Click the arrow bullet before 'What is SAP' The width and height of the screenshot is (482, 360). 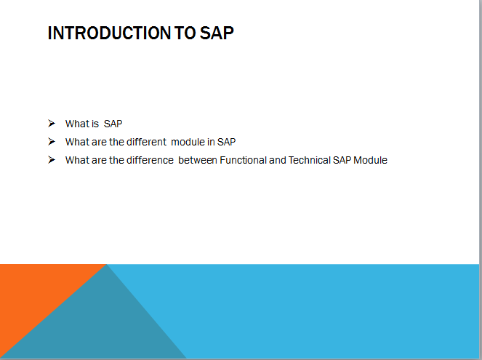[x=52, y=123]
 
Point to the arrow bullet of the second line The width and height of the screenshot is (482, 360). [x=52, y=141]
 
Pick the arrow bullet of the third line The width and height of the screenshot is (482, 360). [x=52, y=159]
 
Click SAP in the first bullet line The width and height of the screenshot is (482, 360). [x=113, y=124]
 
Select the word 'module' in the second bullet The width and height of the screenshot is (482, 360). [x=188, y=142]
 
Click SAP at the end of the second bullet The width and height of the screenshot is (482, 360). [x=226, y=142]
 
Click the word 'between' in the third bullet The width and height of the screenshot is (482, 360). [x=197, y=160]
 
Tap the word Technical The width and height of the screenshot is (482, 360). [x=309, y=160]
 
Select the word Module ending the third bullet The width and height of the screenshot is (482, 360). [x=370, y=160]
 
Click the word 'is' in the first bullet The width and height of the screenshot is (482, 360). [x=95, y=124]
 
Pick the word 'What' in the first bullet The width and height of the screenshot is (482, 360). [x=76, y=124]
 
